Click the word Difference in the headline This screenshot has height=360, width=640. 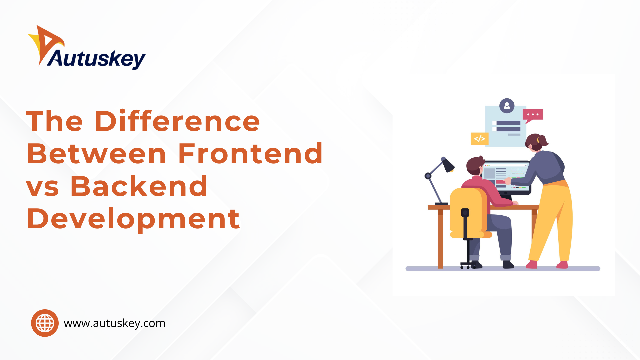pyautogui.click(x=177, y=121)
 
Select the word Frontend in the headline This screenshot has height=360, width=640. pyautogui.click(x=250, y=153)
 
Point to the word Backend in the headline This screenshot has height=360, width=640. pyautogui.click(x=139, y=186)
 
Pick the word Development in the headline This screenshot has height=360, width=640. pyautogui.click(x=133, y=219)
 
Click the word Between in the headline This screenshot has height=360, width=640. pyautogui.click(x=96, y=153)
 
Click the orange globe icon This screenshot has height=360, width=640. pyautogui.click(x=45, y=323)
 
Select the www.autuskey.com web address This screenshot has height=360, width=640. pyautogui.click(x=115, y=323)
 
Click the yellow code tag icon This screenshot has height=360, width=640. pyautogui.click(x=479, y=139)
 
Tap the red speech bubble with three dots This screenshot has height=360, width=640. pyautogui.click(x=533, y=115)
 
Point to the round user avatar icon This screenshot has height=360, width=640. pyautogui.click(x=507, y=106)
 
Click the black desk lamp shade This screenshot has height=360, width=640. pyautogui.click(x=448, y=164)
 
